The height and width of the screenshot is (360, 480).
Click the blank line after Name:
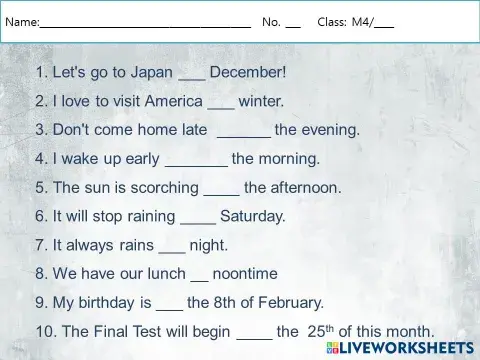(145, 23)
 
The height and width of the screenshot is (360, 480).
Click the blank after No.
(293, 23)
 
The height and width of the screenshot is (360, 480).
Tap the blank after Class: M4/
(384, 23)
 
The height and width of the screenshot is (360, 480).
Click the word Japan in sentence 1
(150, 72)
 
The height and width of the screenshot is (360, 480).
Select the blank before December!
(191, 74)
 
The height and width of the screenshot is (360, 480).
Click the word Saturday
(253, 215)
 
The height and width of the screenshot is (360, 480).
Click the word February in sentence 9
(293, 302)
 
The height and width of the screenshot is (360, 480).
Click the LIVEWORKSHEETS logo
(400, 348)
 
